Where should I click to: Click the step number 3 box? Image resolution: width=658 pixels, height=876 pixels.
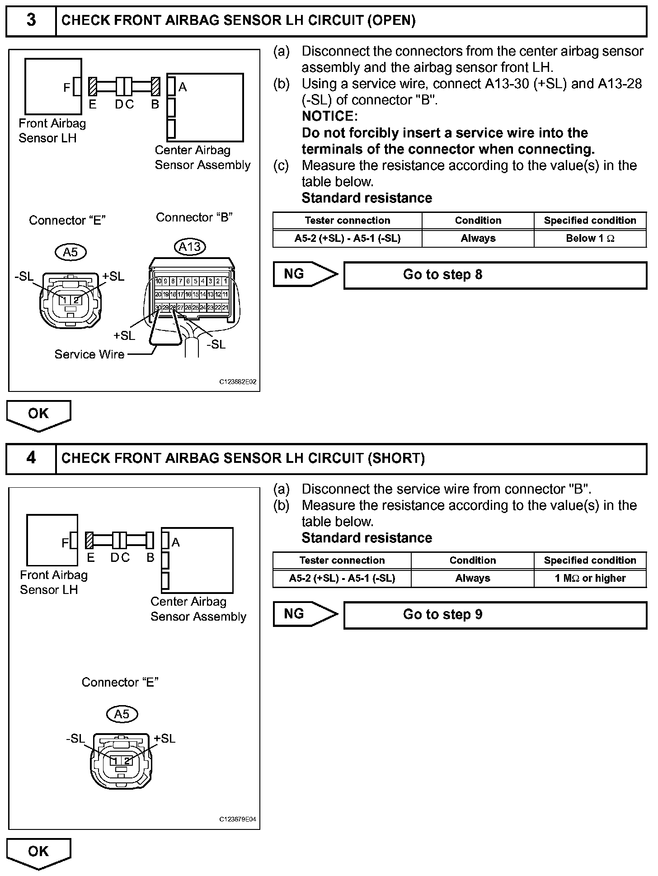click(x=31, y=21)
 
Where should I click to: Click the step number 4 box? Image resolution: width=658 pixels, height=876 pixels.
click(x=31, y=458)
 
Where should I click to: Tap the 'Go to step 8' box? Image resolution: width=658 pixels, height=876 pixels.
click(x=495, y=275)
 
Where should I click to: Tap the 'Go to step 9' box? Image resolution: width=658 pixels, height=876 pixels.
click(x=495, y=615)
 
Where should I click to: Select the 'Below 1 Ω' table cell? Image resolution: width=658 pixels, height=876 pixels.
click(x=590, y=238)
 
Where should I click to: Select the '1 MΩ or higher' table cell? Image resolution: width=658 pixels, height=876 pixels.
click(x=590, y=578)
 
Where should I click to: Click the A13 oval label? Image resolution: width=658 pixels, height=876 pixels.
click(x=190, y=247)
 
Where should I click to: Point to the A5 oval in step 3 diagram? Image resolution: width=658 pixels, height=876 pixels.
click(x=70, y=252)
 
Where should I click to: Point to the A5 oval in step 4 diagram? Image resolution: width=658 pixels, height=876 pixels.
click(x=122, y=714)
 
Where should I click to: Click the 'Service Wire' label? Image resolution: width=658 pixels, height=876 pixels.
click(x=89, y=354)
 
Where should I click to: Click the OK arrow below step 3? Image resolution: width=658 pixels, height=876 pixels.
click(x=38, y=415)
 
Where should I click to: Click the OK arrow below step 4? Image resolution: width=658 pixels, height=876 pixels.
click(x=38, y=853)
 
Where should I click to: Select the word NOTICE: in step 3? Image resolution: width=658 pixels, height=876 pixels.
click(x=329, y=117)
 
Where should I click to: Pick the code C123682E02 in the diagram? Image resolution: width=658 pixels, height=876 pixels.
click(x=238, y=382)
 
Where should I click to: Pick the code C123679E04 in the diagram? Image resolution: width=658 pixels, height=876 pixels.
click(x=238, y=819)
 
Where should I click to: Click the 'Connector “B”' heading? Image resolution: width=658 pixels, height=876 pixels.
click(x=194, y=217)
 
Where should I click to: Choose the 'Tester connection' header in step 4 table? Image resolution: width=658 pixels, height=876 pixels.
click(x=342, y=560)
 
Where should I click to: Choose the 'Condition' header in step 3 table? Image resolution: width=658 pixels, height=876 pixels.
click(x=478, y=221)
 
